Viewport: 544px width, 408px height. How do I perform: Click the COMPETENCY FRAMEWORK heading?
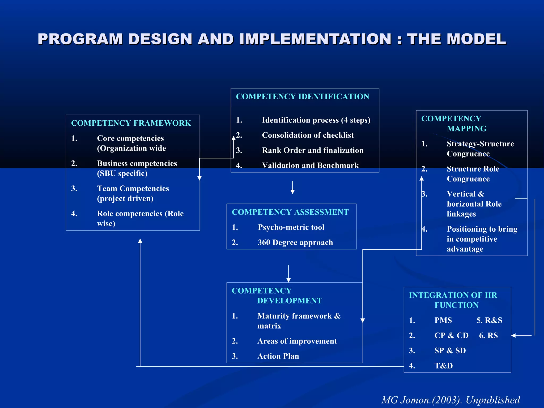click(x=131, y=123)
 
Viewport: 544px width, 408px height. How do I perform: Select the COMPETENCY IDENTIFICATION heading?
click(x=303, y=96)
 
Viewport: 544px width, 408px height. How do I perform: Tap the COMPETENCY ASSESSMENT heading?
click(x=290, y=212)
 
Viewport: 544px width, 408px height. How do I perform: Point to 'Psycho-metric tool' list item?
click(x=291, y=227)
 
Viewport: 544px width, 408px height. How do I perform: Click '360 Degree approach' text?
click(x=295, y=242)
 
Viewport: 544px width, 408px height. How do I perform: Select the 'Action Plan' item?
click(x=278, y=356)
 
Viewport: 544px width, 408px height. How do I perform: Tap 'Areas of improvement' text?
click(x=297, y=341)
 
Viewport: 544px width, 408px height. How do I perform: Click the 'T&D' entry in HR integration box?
click(x=443, y=366)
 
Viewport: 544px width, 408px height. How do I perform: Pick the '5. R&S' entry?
click(x=489, y=320)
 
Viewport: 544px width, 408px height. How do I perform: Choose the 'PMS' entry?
click(x=443, y=320)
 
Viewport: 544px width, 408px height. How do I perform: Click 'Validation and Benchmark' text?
click(x=310, y=165)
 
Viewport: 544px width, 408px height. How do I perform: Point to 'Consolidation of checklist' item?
click(x=308, y=135)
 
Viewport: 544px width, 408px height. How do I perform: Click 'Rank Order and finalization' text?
click(x=313, y=150)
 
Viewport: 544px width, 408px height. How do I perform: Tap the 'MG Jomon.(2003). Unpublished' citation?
click(x=450, y=400)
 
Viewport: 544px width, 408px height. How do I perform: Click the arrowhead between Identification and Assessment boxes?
click(x=292, y=192)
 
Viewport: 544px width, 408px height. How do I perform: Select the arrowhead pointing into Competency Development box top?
click(x=288, y=280)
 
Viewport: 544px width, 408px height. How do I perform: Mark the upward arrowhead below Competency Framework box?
click(x=140, y=241)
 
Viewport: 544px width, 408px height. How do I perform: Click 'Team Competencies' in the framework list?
click(x=133, y=188)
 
